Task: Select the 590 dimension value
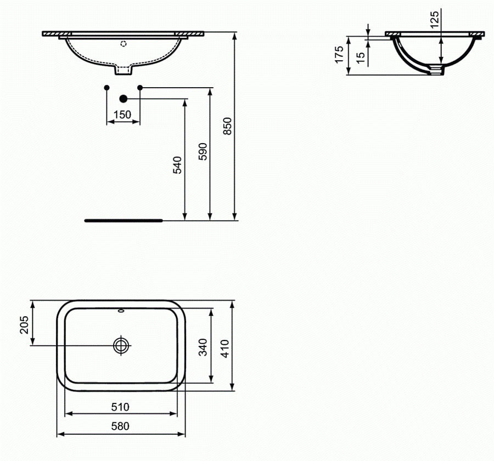click(x=202, y=151)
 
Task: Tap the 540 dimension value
click(x=177, y=164)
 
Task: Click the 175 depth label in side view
click(x=339, y=54)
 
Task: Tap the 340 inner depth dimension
click(x=203, y=348)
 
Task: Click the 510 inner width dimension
click(x=120, y=407)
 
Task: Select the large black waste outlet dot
click(x=123, y=98)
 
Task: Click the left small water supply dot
click(x=106, y=88)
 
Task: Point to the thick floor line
click(x=123, y=220)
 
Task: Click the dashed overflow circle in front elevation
click(x=123, y=42)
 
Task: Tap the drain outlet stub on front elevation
click(x=123, y=70)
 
